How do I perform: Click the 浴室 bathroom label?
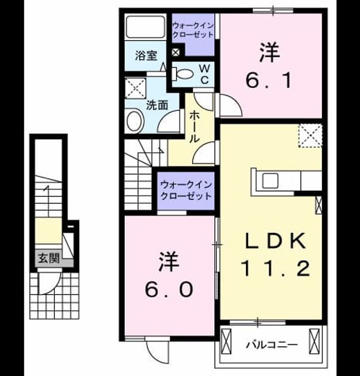[146, 56]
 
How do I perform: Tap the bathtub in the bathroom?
[146, 27]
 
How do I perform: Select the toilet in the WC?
[183, 73]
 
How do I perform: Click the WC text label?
[204, 75]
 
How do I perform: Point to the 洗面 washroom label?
[157, 105]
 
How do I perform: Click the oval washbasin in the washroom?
[134, 121]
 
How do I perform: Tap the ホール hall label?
[194, 127]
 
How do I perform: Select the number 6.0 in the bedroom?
[169, 289]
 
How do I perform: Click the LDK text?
[276, 241]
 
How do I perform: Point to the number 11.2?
[276, 269]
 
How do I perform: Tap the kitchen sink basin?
[270, 181]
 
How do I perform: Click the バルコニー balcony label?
[272, 345]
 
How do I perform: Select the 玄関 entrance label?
[49, 258]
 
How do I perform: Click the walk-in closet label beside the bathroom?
[193, 30]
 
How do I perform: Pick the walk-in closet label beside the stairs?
[186, 190]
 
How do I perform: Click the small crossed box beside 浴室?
[176, 53]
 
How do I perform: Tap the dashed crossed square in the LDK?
[310, 135]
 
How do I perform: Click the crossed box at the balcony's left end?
[226, 341]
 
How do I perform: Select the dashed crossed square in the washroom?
[136, 88]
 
